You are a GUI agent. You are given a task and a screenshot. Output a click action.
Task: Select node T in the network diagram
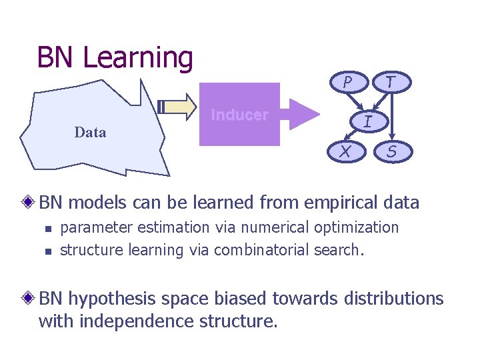[x=392, y=82]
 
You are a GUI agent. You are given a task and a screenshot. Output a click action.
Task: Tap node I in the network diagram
[x=367, y=121]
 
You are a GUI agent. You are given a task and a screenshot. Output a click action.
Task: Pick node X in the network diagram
[x=345, y=152]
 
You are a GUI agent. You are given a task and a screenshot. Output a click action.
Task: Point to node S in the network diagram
[x=392, y=152]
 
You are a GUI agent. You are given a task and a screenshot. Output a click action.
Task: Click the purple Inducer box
[x=239, y=115]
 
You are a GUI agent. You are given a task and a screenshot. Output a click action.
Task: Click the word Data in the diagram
[x=90, y=132]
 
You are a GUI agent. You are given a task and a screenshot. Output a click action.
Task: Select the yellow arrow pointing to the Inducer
[x=178, y=106]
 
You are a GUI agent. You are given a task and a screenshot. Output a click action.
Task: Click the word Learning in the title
[x=137, y=57]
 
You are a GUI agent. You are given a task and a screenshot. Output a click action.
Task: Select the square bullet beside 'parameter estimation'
[x=47, y=229]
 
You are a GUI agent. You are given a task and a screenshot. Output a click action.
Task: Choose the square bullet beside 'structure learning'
[x=47, y=252]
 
